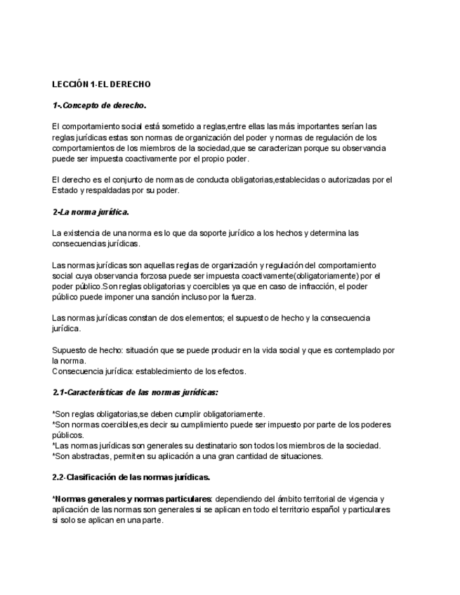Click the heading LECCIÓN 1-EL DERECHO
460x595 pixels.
point(101,84)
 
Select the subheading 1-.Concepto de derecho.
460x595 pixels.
point(99,105)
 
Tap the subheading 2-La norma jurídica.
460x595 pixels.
point(91,211)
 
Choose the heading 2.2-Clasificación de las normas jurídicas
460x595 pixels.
point(131,477)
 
